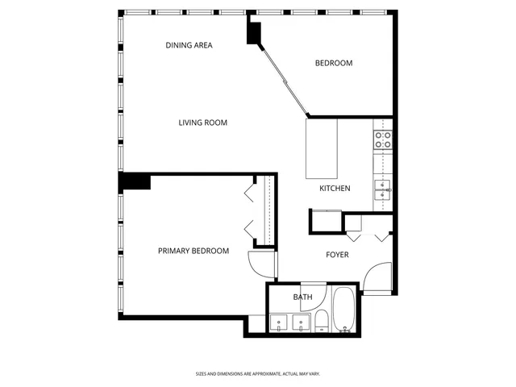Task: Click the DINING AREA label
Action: (x=189, y=45)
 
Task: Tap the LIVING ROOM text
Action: (x=202, y=123)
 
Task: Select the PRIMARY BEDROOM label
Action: (x=193, y=251)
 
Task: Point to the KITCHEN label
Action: (x=335, y=188)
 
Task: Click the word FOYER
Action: (x=337, y=255)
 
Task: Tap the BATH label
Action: (x=302, y=298)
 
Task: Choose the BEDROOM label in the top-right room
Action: (x=333, y=63)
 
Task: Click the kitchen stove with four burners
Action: (x=383, y=139)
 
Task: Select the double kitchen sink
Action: (x=383, y=190)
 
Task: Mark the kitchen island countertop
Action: (x=322, y=149)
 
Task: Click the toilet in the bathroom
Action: (x=320, y=320)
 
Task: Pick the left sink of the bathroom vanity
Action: (x=279, y=323)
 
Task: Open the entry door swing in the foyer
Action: (x=376, y=278)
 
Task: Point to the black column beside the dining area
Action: (x=255, y=31)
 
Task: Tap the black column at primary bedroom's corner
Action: (x=134, y=181)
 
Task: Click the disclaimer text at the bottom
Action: (x=257, y=374)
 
